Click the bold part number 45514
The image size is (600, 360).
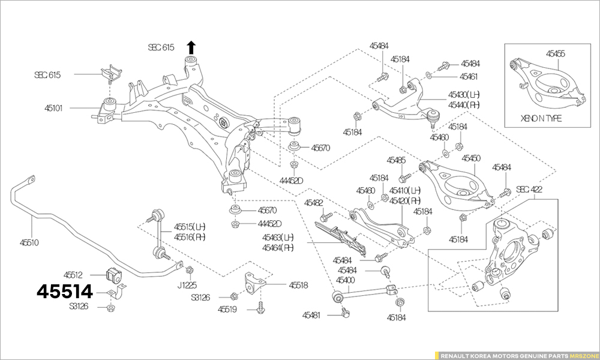[65, 292]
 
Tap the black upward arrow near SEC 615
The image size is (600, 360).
[191, 47]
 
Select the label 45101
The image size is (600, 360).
[56, 109]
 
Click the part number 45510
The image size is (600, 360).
[29, 242]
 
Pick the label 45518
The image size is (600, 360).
[298, 286]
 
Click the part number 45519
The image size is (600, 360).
[228, 310]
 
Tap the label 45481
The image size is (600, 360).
[313, 314]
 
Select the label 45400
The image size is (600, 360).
[346, 280]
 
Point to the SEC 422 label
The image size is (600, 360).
[529, 190]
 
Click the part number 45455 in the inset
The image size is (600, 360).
[555, 53]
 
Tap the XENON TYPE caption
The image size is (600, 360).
[541, 119]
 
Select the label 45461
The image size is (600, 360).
[469, 77]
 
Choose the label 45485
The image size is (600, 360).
[396, 160]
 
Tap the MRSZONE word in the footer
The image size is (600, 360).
[583, 355]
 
